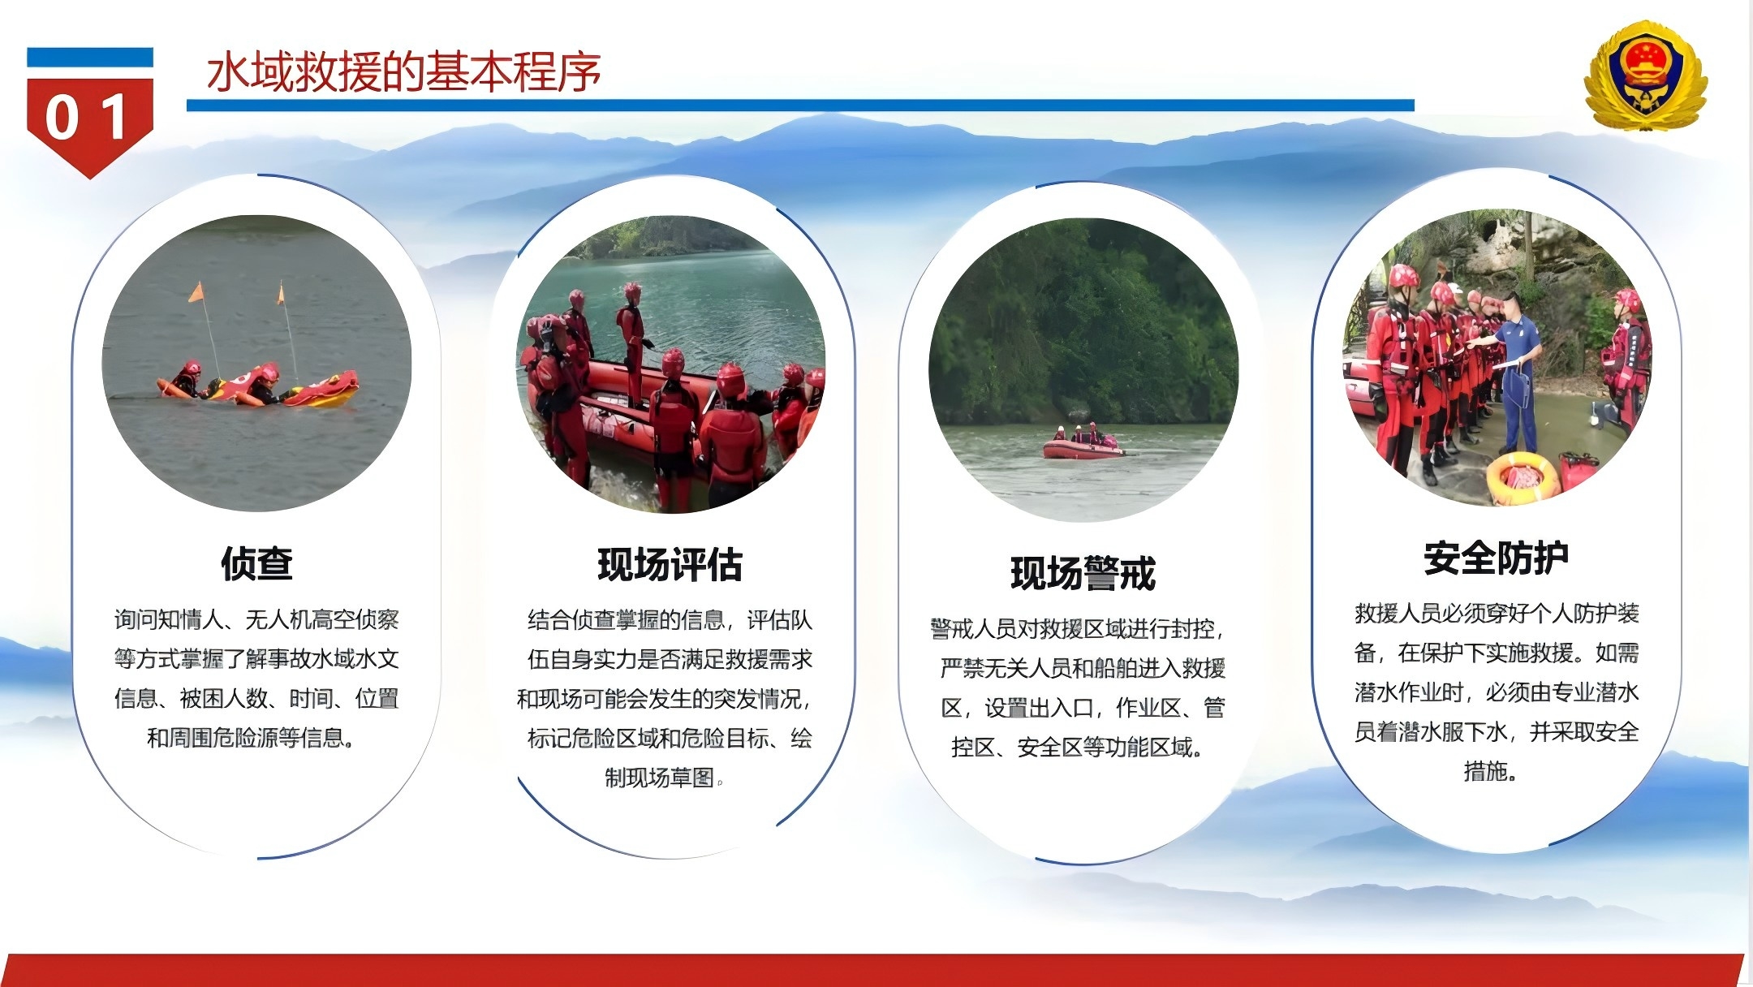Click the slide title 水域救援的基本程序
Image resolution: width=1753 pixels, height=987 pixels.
click(x=403, y=71)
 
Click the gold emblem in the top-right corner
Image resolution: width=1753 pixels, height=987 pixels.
click(x=1645, y=75)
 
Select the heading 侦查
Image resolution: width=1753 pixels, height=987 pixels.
click(x=256, y=563)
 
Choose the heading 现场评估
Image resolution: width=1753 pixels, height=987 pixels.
click(x=670, y=564)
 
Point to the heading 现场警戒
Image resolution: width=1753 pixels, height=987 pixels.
click(x=1083, y=573)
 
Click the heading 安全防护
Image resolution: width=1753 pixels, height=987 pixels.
click(x=1496, y=558)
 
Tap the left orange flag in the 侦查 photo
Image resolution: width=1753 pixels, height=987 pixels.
click(x=196, y=292)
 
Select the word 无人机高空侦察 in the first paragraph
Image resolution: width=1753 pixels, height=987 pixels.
click(x=322, y=620)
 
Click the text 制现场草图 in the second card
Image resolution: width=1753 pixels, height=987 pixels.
click(x=659, y=778)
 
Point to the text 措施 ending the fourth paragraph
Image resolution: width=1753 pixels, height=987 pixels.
click(x=1485, y=771)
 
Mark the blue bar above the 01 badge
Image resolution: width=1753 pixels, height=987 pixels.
click(x=89, y=57)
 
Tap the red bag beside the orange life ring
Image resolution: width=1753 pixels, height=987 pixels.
click(x=1579, y=471)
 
